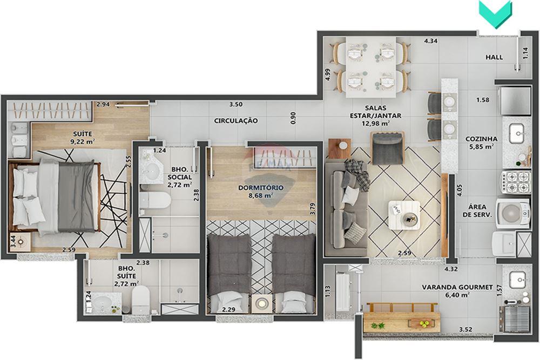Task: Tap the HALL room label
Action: (494, 57)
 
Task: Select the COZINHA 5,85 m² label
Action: (480, 142)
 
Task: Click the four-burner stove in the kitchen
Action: (516, 182)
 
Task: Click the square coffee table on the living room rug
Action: (404, 215)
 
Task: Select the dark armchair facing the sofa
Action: (387, 148)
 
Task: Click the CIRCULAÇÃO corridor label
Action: (235, 120)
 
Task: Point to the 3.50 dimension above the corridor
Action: (235, 105)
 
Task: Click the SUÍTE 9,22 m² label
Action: (84, 137)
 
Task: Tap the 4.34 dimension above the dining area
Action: (430, 41)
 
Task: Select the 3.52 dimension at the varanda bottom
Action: (465, 329)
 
